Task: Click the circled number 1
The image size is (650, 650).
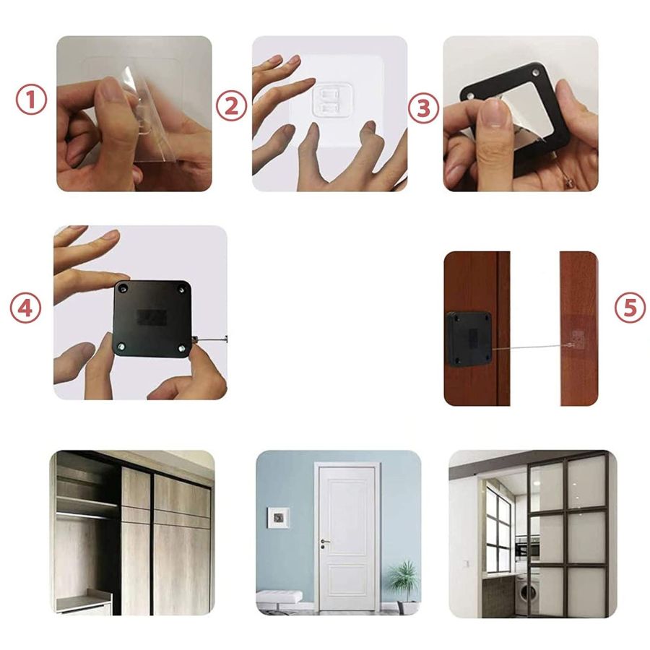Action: pyautogui.click(x=32, y=100)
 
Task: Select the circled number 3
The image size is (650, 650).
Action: pyautogui.click(x=424, y=108)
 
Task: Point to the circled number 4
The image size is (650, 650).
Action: pyautogui.click(x=26, y=308)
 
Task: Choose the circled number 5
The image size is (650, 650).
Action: pyautogui.click(x=630, y=308)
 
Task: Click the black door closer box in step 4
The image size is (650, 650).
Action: pyautogui.click(x=152, y=318)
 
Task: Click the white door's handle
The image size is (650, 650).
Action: pyautogui.click(x=324, y=542)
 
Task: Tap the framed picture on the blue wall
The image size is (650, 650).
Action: pyautogui.click(x=278, y=517)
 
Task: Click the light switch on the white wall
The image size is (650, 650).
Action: pyautogui.click(x=467, y=564)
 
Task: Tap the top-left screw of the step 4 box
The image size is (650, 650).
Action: pyautogui.click(x=123, y=287)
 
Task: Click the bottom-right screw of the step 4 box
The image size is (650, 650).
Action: pyautogui.click(x=182, y=349)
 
